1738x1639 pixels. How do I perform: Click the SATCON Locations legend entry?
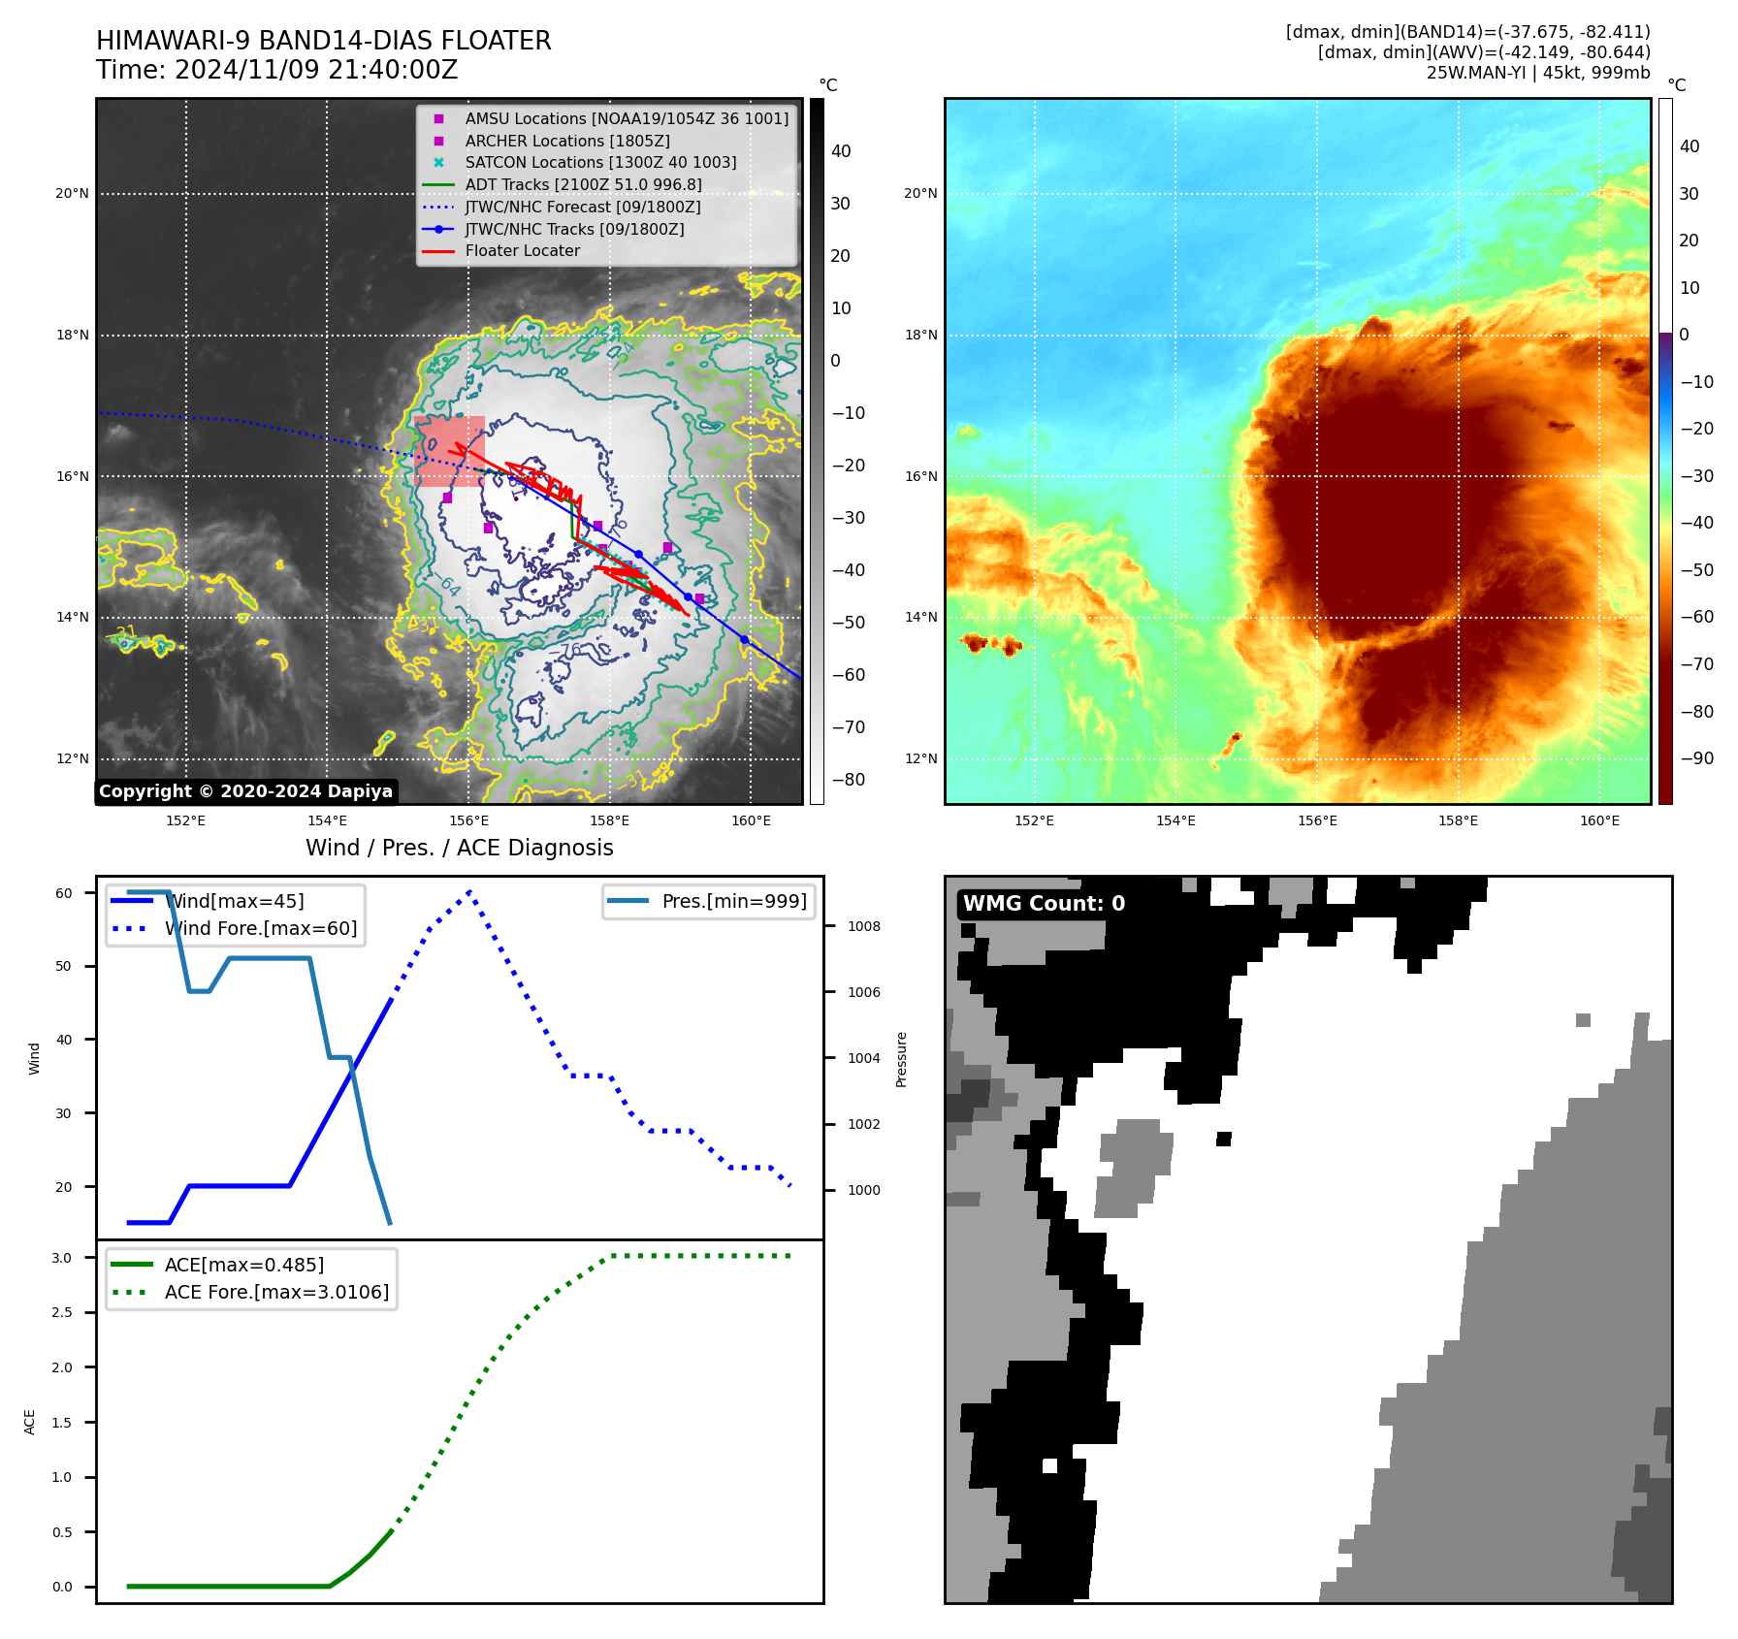point(600,163)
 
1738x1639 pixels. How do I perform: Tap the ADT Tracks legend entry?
point(583,184)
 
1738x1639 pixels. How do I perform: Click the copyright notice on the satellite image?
point(245,791)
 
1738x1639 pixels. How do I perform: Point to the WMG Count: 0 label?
point(1044,904)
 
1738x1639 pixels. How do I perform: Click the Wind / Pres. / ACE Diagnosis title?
point(459,848)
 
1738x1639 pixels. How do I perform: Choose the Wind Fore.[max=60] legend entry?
point(261,928)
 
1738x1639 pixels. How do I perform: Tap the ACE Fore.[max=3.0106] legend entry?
point(276,1292)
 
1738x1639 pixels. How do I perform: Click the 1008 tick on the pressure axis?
point(863,926)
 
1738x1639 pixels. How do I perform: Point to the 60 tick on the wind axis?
point(64,893)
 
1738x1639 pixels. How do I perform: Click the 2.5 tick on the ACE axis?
point(62,1312)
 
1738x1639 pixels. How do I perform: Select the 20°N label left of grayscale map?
point(73,194)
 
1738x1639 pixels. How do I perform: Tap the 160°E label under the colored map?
point(1599,820)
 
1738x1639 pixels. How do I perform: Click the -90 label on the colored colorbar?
point(1696,758)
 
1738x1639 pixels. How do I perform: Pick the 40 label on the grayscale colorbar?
point(840,151)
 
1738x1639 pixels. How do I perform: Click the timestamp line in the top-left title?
point(276,70)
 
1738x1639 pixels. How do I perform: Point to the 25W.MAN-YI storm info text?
point(1537,73)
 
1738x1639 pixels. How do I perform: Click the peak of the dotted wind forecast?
point(469,890)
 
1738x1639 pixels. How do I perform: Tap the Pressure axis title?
point(901,1059)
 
